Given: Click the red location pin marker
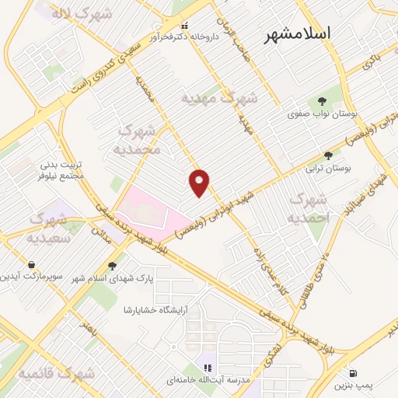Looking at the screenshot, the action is click(200, 182).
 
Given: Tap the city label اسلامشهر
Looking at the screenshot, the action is click(298, 34).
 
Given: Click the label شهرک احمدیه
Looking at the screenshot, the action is click(309, 209).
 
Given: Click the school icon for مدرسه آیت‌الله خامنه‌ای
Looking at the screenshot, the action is click(208, 367).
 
